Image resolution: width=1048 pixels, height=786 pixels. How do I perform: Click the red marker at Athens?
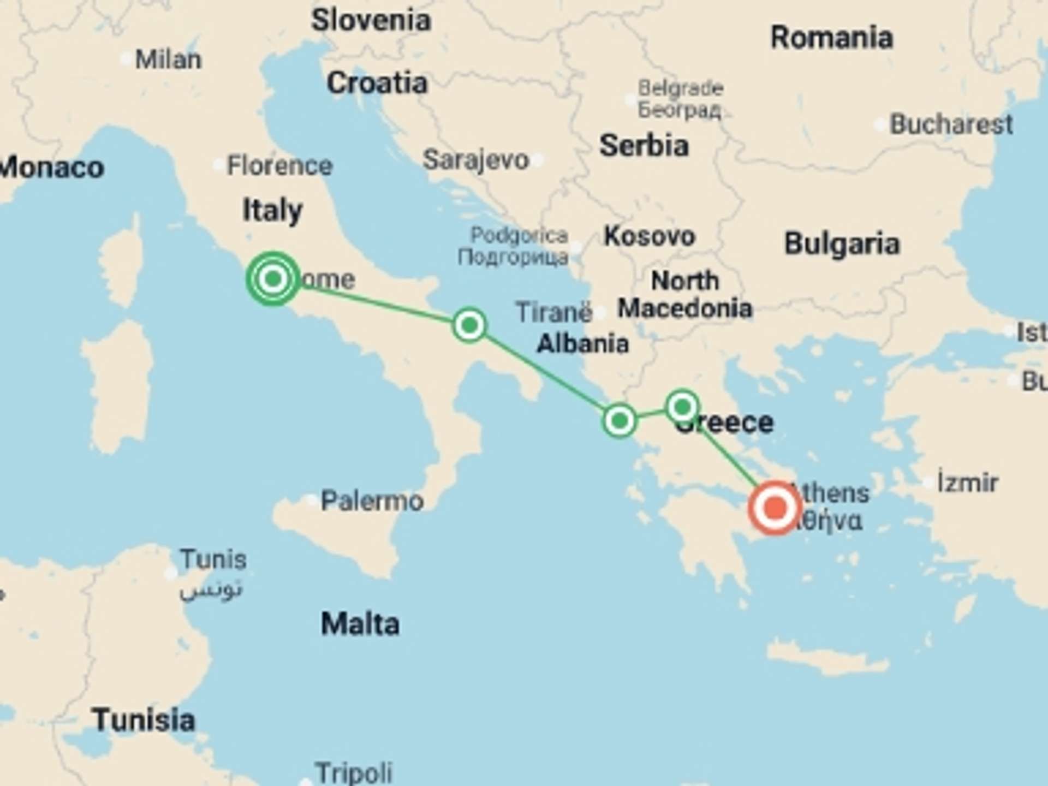point(774,508)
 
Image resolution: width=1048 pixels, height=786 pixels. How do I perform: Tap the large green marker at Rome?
point(273,279)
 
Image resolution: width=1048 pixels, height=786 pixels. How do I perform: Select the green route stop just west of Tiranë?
point(469,325)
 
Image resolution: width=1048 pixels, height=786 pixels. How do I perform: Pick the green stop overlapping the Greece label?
point(682,407)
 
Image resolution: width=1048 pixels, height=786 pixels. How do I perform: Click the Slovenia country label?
point(371,21)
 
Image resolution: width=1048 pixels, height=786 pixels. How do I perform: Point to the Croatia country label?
point(377,84)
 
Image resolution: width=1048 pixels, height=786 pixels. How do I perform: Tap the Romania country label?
point(831,38)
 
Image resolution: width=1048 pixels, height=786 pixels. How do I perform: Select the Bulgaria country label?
point(842,244)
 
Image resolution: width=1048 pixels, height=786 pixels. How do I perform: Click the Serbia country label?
point(644,146)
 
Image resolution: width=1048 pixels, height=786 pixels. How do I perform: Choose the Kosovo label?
point(649,236)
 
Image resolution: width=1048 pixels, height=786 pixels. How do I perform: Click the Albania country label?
point(582,344)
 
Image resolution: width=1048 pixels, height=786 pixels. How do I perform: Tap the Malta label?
point(360,624)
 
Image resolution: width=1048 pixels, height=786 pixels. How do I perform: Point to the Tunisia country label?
point(144,720)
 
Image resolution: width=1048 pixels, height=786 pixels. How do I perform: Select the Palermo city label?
point(372,501)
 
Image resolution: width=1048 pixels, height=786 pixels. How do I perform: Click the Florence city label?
point(279,165)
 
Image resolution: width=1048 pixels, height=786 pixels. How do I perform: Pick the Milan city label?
point(168,59)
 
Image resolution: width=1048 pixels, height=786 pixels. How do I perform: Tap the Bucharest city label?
point(951,124)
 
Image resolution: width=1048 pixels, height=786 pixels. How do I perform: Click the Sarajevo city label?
point(476,160)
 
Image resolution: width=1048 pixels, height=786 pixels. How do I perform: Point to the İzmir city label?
point(968,483)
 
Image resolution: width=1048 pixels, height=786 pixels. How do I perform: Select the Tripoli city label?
point(354,773)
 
